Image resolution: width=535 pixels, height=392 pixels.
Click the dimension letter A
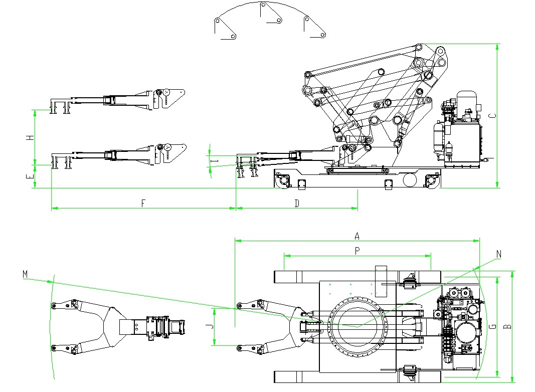click(x=357, y=235)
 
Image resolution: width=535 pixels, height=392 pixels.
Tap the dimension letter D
click(x=297, y=203)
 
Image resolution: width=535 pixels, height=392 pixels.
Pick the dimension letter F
click(x=143, y=203)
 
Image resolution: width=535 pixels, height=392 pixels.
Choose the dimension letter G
click(x=493, y=327)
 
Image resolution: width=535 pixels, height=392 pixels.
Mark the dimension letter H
click(x=30, y=137)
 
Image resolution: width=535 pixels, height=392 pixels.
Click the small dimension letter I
click(x=214, y=160)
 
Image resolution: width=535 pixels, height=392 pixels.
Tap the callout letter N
click(x=499, y=254)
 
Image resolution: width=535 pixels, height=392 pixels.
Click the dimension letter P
click(x=357, y=251)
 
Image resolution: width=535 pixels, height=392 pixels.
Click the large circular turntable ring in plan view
click(x=358, y=326)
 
